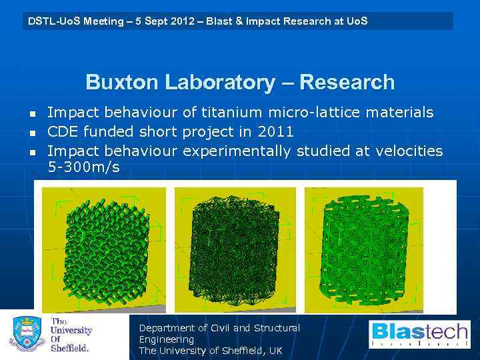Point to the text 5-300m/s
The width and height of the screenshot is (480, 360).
tap(83, 167)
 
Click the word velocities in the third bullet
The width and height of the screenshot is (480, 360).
tap(409, 151)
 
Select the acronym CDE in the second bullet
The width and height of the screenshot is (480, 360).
tap(64, 132)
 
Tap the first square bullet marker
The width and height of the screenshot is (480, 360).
tap(31, 113)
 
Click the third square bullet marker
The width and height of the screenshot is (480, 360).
tap(31, 152)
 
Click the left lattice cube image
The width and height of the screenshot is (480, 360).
tap(104, 250)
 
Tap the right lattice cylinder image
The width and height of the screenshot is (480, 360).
tap(364, 250)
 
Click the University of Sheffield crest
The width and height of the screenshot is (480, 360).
tap(27, 335)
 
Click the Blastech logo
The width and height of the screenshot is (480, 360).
tap(420, 334)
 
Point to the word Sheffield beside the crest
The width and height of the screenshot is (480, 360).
tap(70, 347)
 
